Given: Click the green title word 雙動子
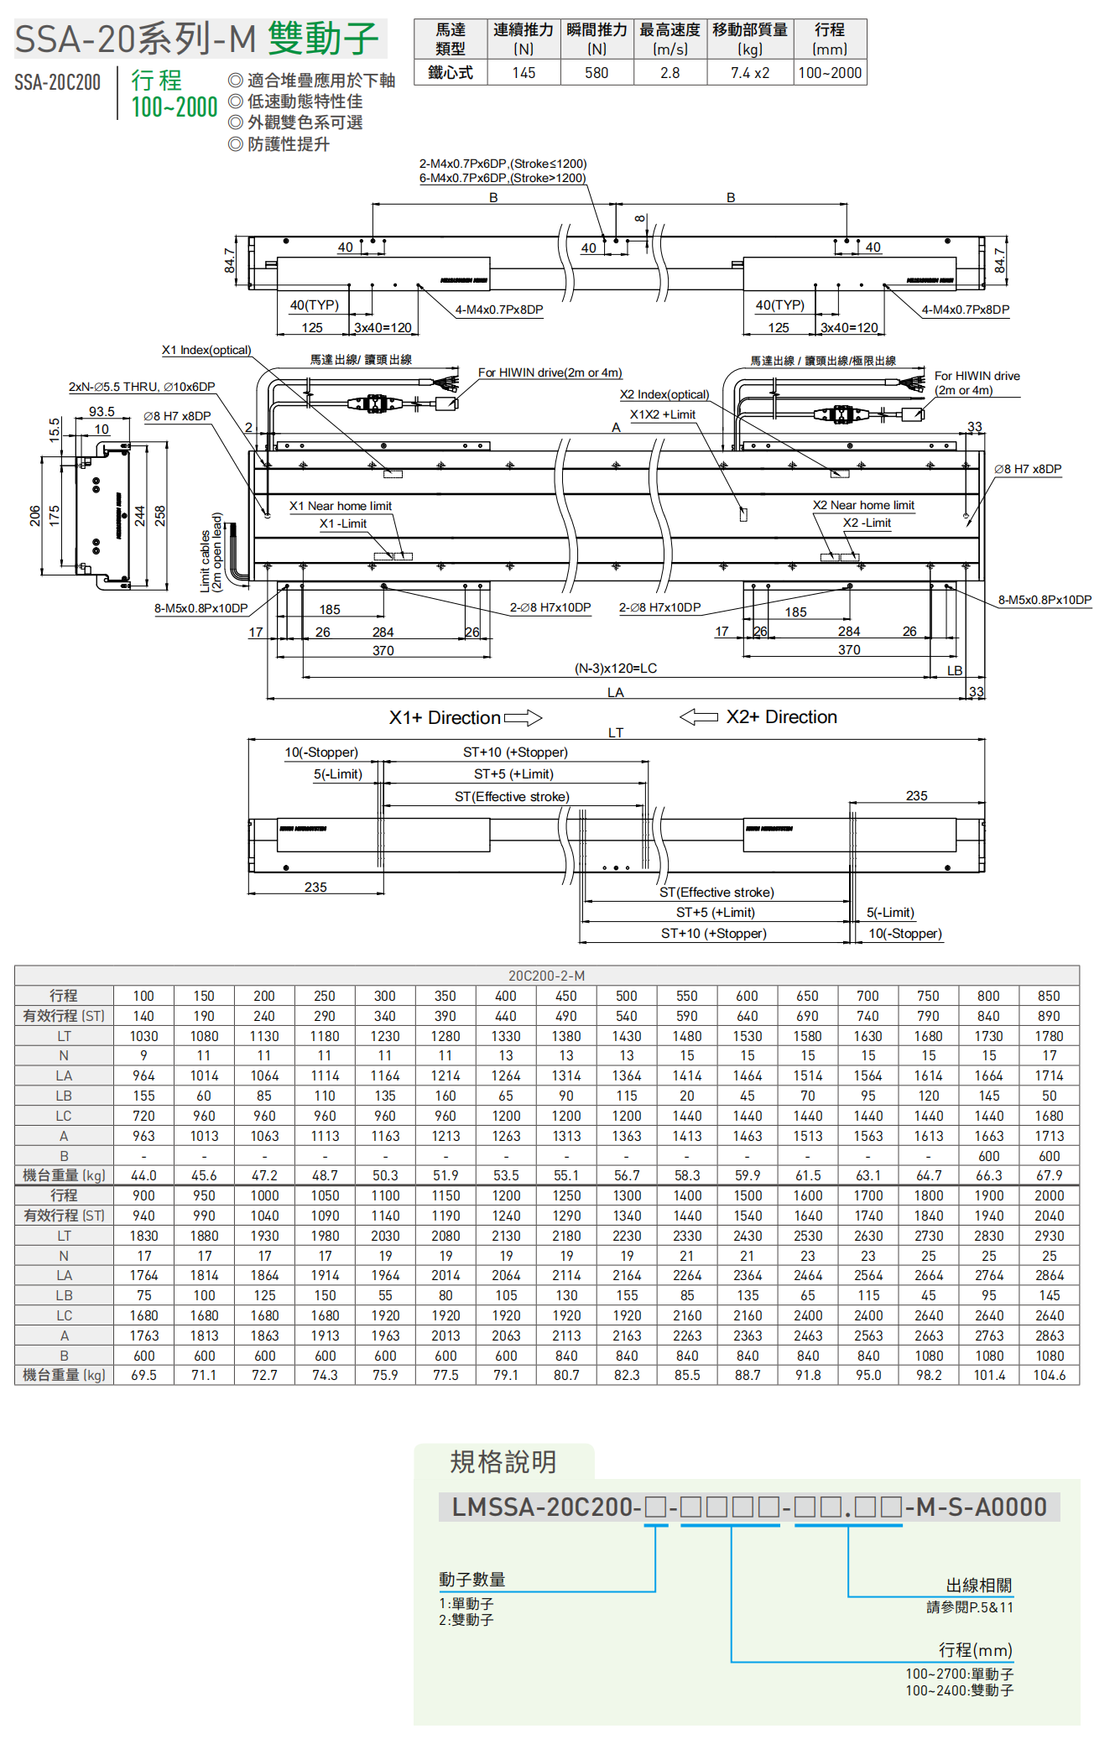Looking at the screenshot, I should click(x=323, y=39).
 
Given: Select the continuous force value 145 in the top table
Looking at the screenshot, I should click(x=524, y=73).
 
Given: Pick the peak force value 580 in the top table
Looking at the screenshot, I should click(x=597, y=73).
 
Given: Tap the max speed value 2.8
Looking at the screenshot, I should click(x=670, y=73).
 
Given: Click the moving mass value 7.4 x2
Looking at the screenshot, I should click(x=749, y=73).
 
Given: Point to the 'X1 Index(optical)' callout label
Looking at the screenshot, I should click(x=206, y=350).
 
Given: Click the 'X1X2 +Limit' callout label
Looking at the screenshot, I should click(x=662, y=414).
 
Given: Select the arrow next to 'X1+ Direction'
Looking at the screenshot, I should click(x=523, y=718).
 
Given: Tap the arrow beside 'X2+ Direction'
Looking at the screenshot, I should click(x=698, y=717).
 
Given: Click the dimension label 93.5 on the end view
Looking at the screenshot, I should click(x=102, y=412).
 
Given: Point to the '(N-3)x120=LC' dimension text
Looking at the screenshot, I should click(x=615, y=669).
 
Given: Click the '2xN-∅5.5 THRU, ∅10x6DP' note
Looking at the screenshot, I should click(x=142, y=387).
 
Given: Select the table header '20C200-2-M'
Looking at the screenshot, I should click(x=546, y=976).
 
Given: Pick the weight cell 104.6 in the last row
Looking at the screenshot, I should click(x=1049, y=1376).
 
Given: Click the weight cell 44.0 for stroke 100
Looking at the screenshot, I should click(x=143, y=1176).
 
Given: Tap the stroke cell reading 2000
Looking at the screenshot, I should click(x=1049, y=1195).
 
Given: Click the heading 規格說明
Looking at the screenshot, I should click(x=503, y=1462).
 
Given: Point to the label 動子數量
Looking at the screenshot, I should click(x=472, y=1580).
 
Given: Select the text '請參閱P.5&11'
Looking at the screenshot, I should click(x=969, y=1607).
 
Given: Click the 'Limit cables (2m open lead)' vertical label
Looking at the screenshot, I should click(x=211, y=552).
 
